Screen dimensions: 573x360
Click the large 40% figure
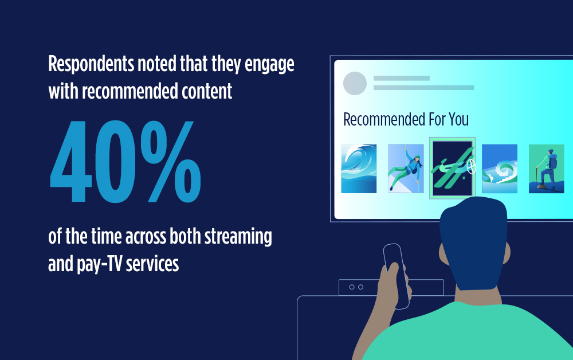coord(125,161)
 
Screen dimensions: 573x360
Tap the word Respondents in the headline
coord(91,64)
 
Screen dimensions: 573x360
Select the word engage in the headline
coord(269,65)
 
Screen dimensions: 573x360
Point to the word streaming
coord(238,237)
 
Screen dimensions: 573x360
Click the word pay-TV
coord(99,264)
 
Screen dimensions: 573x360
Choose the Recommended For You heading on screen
coord(406,119)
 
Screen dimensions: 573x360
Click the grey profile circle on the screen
coord(355,83)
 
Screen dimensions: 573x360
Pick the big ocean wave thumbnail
coord(359,169)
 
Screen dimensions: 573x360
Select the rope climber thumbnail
coord(406,169)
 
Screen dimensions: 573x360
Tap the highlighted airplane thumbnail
coord(453,168)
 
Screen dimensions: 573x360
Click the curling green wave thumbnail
coord(500,169)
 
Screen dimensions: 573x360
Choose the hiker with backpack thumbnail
coord(547,169)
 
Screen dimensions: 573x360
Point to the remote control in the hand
coord(397,276)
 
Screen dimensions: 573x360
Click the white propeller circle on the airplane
coord(472,167)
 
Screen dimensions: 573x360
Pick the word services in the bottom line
coord(152,264)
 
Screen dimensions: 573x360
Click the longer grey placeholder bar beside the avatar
coord(423,88)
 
